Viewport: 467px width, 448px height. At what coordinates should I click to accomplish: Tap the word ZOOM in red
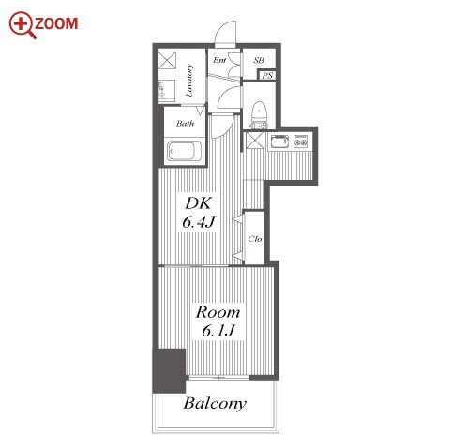(x=56, y=24)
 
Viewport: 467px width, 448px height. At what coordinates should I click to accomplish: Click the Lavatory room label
(x=189, y=81)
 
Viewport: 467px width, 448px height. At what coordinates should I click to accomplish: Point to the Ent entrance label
(x=219, y=60)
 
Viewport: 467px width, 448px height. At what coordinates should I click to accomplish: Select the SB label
(x=259, y=60)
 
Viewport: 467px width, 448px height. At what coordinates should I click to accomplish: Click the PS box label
(x=267, y=76)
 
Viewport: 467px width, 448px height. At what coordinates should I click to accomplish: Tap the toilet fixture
(x=259, y=114)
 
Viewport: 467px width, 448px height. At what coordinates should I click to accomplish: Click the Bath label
(x=185, y=124)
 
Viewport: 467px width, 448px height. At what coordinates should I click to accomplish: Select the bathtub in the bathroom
(x=184, y=151)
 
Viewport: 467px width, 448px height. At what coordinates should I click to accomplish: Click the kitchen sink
(x=279, y=142)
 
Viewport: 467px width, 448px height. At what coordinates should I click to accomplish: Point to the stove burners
(x=301, y=142)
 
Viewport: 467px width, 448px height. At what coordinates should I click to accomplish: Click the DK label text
(x=199, y=203)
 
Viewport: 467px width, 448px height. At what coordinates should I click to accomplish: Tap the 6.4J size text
(x=199, y=222)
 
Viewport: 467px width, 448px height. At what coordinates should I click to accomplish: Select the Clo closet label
(x=255, y=239)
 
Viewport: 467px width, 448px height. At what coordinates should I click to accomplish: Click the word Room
(x=218, y=312)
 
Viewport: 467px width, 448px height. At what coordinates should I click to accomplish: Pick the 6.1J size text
(x=218, y=331)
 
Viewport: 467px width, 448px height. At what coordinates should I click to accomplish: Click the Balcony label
(x=215, y=404)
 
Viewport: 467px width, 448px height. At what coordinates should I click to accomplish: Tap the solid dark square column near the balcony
(x=169, y=370)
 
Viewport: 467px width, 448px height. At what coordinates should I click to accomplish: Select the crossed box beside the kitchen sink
(x=255, y=141)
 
